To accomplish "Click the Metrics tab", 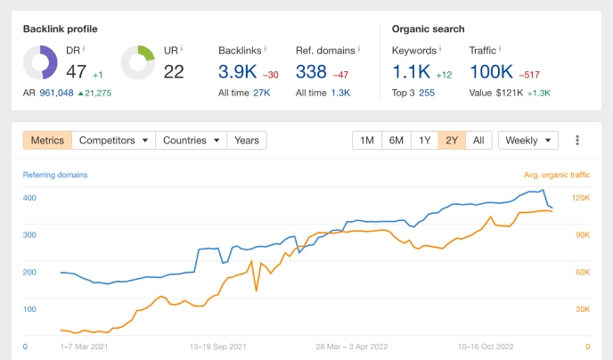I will click(x=47, y=140).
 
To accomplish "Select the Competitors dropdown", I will click(x=113, y=140).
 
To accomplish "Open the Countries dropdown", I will click(x=191, y=140).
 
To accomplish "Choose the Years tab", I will click(x=247, y=140).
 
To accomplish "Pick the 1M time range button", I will click(x=367, y=140).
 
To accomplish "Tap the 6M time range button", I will click(x=396, y=140).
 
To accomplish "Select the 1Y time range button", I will click(x=425, y=140).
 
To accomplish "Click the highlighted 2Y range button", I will click(x=453, y=140).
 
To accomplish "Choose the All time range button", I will click(x=478, y=140).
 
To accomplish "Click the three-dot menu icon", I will click(x=577, y=140).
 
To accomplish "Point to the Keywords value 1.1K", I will click(x=412, y=70).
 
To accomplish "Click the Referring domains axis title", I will click(x=56, y=175).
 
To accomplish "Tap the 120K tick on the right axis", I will click(x=581, y=198).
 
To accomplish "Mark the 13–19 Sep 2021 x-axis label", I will click(x=220, y=347).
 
